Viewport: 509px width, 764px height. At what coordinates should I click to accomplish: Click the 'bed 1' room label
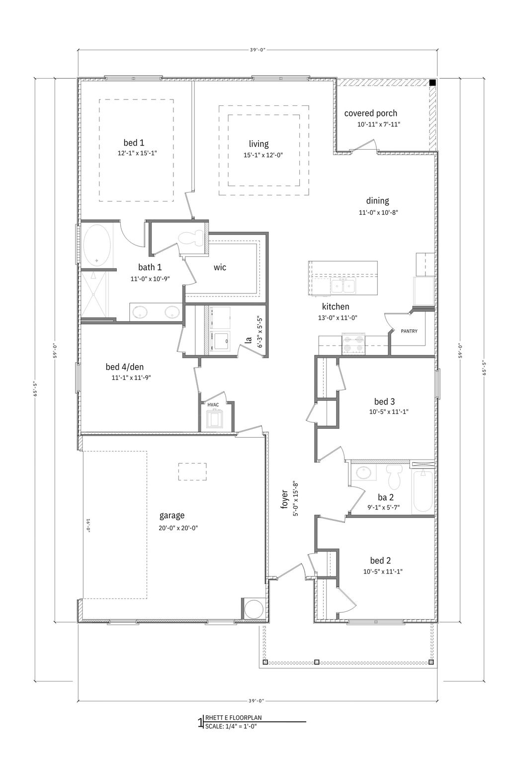pos(134,143)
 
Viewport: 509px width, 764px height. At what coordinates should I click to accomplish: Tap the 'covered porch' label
pos(371,113)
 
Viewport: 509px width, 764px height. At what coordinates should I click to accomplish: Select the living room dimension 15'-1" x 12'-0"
pos(259,155)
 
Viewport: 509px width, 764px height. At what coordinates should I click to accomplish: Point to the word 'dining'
pos(377,201)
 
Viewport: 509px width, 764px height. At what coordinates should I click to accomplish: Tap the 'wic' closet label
pos(220,267)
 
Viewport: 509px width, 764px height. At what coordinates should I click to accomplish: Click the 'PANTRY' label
pos(409,331)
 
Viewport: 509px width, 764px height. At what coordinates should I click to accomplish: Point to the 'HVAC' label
pos(213,405)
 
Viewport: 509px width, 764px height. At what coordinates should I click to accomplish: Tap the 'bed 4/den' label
pos(124,367)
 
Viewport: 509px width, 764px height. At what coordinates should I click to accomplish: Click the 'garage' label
pos(172,515)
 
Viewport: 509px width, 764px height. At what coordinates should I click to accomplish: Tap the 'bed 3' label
pos(384,401)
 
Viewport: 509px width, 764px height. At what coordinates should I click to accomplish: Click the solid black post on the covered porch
pos(432,83)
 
